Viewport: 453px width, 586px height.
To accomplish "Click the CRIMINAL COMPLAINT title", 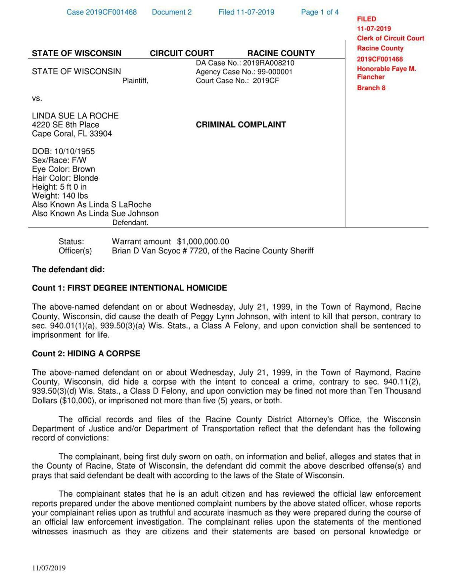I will [240, 125].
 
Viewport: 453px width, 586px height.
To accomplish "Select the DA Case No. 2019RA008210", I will [245, 63].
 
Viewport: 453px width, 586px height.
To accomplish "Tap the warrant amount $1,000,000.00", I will [203, 242].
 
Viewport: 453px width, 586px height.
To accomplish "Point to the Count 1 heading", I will [129, 288].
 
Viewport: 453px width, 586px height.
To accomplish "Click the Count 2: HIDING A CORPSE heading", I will [86, 354].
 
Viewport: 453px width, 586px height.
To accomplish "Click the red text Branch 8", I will [371, 88].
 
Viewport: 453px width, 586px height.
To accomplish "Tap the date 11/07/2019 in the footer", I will [49, 568].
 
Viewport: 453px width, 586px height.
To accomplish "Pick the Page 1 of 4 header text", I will [319, 12].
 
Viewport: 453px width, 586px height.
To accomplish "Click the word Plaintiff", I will [135, 81].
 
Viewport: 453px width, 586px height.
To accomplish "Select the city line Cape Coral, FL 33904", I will [72, 134].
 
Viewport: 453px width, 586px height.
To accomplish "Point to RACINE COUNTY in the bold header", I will [281, 53].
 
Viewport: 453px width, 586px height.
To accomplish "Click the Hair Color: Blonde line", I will [65, 178].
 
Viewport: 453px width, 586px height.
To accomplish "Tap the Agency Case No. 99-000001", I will [244, 72].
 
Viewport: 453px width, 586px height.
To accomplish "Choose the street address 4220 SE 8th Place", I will [66, 125].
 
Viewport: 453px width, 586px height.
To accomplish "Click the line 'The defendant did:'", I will [68, 270].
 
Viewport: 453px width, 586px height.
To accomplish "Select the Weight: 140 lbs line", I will [60, 196].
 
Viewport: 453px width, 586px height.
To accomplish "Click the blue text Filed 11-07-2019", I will [246, 12].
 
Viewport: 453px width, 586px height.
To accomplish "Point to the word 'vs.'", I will [37, 98].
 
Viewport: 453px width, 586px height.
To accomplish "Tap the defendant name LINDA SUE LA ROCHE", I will [75, 116].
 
